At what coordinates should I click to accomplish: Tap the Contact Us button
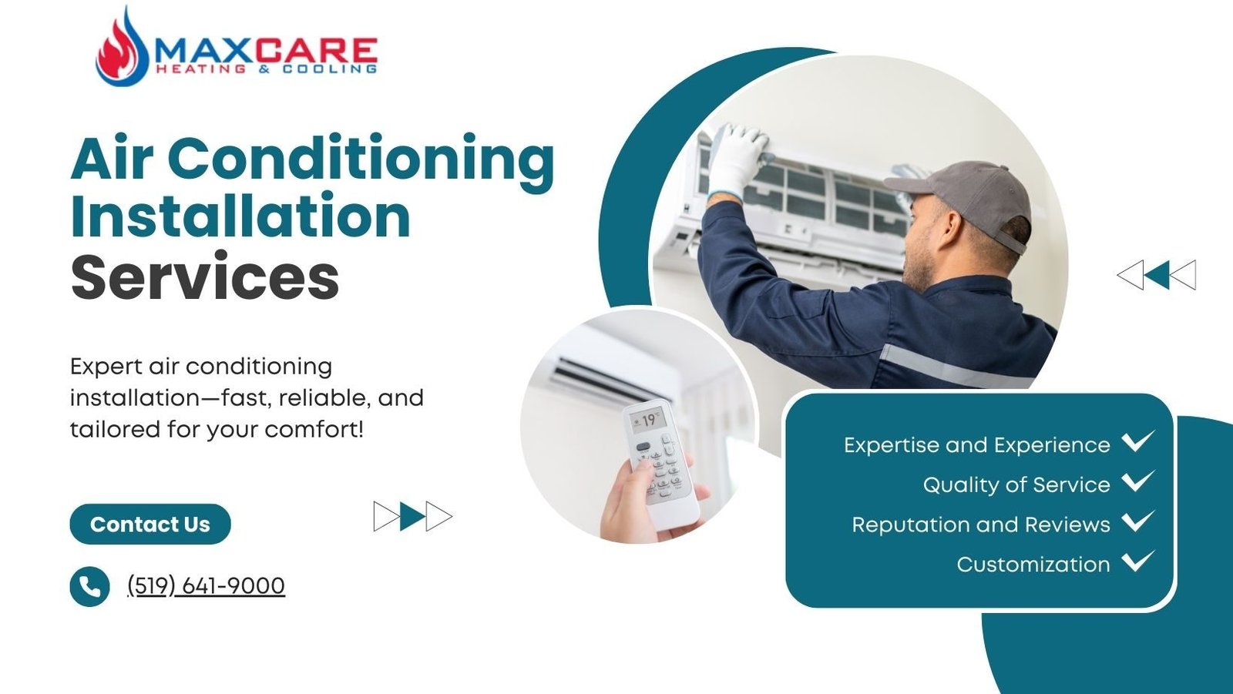click(150, 524)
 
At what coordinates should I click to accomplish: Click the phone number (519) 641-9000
click(206, 585)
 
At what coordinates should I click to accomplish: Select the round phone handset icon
click(89, 586)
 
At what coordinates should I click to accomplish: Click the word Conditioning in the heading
click(361, 159)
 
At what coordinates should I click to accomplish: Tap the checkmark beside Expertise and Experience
click(1137, 441)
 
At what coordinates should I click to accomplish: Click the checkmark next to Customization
click(1137, 561)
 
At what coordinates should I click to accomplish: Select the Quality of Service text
click(1016, 484)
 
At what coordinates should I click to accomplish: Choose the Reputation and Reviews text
click(981, 525)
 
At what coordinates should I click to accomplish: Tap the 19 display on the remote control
click(648, 421)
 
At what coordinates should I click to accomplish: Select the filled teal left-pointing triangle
click(1157, 275)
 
